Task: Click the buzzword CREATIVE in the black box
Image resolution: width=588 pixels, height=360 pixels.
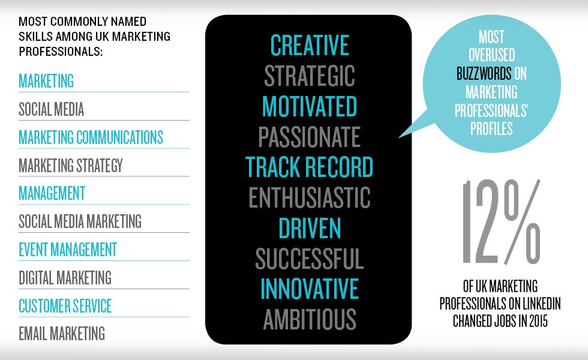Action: [x=310, y=45]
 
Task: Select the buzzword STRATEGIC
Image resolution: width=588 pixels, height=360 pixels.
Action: [x=310, y=76]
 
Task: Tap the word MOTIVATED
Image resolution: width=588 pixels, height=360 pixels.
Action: [x=310, y=107]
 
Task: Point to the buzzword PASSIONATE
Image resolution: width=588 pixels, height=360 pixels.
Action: [x=310, y=137]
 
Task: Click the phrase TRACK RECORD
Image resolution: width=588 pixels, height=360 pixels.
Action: [x=310, y=167]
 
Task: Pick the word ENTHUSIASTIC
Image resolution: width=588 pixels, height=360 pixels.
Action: [x=310, y=197]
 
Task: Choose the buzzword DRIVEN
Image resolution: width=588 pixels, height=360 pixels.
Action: [x=310, y=228]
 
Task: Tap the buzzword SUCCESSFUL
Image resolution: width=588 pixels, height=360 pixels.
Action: [x=310, y=259]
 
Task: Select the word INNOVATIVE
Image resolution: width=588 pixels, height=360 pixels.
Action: [x=310, y=289]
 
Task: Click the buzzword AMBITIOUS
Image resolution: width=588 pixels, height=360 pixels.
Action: [x=310, y=319]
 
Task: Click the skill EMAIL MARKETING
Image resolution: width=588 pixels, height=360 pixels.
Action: [x=62, y=334]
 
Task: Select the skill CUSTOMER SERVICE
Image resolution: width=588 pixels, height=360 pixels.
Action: [x=65, y=305]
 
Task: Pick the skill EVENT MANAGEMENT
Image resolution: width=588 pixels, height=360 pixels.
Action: [x=68, y=250]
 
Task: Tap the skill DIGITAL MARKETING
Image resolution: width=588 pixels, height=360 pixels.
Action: [x=65, y=278]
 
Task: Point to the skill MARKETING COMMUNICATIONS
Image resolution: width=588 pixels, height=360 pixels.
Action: [x=91, y=137]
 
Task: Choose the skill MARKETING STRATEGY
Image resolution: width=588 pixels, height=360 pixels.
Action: [x=71, y=166]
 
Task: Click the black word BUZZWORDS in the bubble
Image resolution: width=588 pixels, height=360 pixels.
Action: [x=484, y=73]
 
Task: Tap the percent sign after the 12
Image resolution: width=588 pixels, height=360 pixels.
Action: [x=522, y=221]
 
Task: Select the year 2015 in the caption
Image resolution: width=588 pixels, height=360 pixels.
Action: [x=538, y=321]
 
